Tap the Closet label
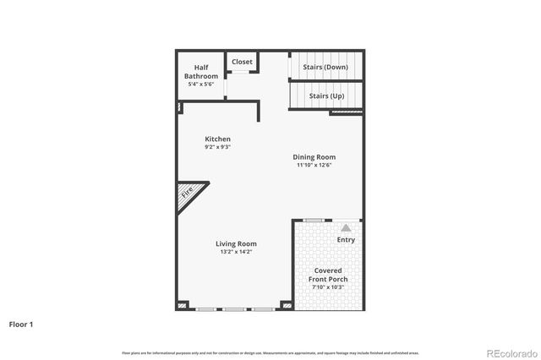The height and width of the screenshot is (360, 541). pyautogui.click(x=242, y=62)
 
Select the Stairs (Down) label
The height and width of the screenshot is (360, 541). pyautogui.click(x=325, y=67)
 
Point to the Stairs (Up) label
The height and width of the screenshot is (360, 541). pyautogui.click(x=326, y=95)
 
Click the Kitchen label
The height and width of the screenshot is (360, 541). pyautogui.click(x=217, y=139)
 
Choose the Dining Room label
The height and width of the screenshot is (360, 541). pyautogui.click(x=314, y=156)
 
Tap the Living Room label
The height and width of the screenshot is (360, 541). pyautogui.click(x=236, y=243)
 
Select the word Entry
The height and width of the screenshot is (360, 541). pyautogui.click(x=346, y=239)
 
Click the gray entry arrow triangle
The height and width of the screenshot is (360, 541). pyautogui.click(x=346, y=227)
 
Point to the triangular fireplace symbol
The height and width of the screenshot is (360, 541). pyautogui.click(x=188, y=194)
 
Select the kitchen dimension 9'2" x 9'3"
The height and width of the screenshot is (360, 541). pyautogui.click(x=217, y=147)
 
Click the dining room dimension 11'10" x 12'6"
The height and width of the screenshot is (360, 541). pyautogui.click(x=314, y=165)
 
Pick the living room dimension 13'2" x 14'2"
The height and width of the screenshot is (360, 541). pyautogui.click(x=236, y=252)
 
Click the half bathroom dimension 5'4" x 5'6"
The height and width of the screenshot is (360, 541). pyautogui.click(x=201, y=83)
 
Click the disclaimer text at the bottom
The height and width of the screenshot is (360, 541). pyautogui.click(x=270, y=352)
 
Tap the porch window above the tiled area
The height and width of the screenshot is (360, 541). pyautogui.click(x=313, y=220)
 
